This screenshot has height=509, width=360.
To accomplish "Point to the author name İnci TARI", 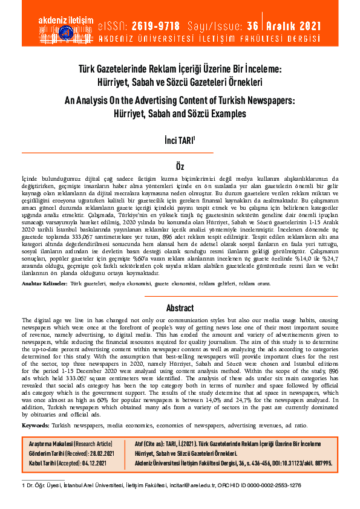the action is (180, 141).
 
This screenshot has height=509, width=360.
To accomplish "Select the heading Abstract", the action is (180, 307).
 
